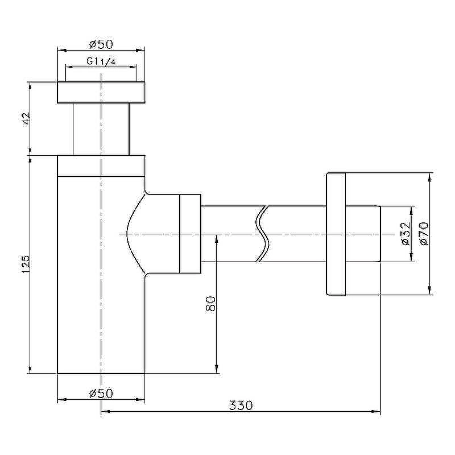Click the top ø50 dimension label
[x=101, y=44]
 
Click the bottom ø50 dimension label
[x=101, y=394]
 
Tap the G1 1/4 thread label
[x=101, y=61]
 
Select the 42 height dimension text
[x=26, y=118]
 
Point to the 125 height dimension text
[x=26, y=264]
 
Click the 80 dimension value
[x=210, y=304]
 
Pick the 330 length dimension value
[x=241, y=406]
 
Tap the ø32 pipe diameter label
[x=406, y=234]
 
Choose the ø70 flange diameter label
[x=424, y=234]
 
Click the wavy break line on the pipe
[x=262, y=234]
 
